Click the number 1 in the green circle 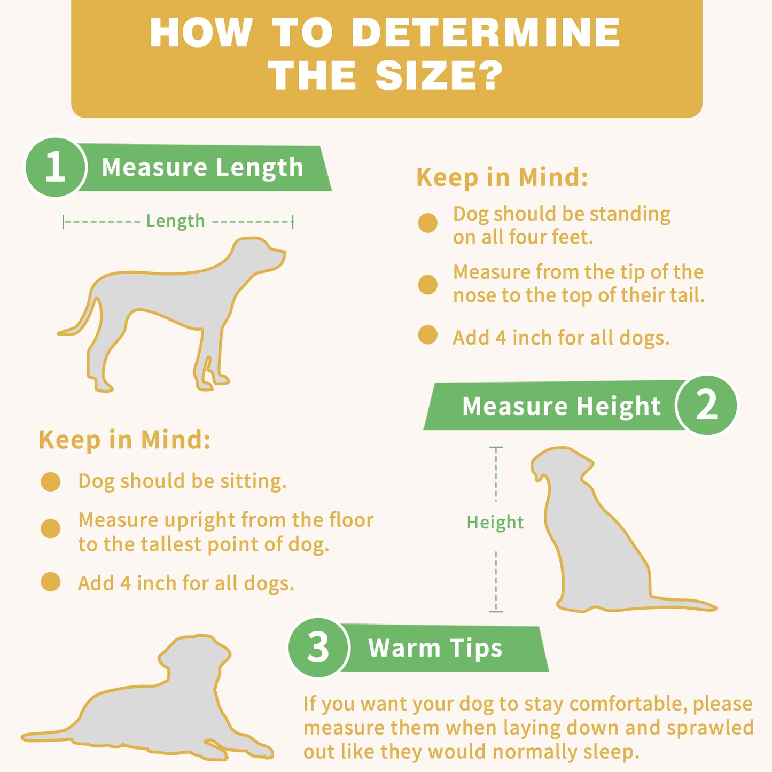coord(55,167)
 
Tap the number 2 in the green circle coord(707,405)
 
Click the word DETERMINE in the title coord(486,33)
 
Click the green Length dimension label coord(175,221)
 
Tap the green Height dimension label coord(495,523)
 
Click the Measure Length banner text coord(202,167)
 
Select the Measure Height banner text coord(562,406)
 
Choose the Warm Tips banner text coord(435,648)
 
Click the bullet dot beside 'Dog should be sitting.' coord(50,481)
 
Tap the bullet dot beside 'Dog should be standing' coord(427,223)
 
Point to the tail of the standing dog coord(78,319)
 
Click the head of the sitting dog coord(561,465)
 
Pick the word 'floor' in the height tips coord(351,520)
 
